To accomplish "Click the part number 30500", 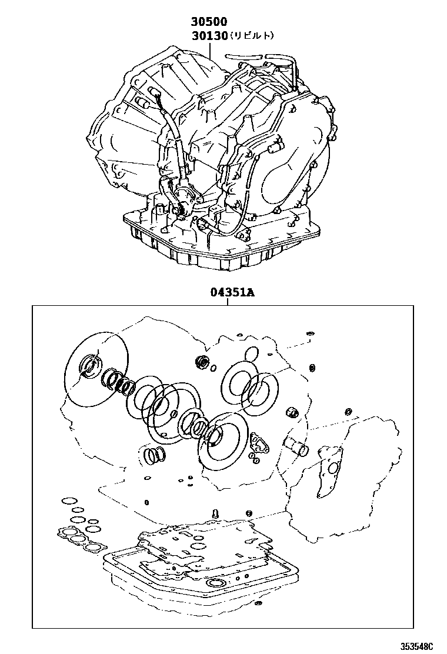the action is point(209,22).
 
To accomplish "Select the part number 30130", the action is point(209,36).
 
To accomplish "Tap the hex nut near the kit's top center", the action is point(202,362).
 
